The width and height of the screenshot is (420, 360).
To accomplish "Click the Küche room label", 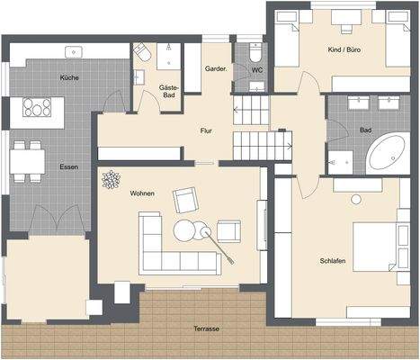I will tap(69, 78).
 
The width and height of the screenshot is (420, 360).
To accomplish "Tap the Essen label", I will tap(68, 167).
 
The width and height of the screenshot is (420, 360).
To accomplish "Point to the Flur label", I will tap(205, 131).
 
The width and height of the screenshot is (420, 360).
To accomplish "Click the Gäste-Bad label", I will tap(169, 91).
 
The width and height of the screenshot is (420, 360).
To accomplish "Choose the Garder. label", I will tap(215, 68).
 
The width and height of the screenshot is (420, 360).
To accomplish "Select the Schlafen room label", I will tap(332, 261).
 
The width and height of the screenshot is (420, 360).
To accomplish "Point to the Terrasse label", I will tap(206, 328).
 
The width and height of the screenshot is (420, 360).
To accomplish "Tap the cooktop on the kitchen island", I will tap(38, 108).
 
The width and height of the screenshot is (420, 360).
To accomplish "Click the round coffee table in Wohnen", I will tap(186, 230).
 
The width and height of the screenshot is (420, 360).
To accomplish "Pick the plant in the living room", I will tap(112, 180).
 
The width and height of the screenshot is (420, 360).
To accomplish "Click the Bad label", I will tap(365, 130).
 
